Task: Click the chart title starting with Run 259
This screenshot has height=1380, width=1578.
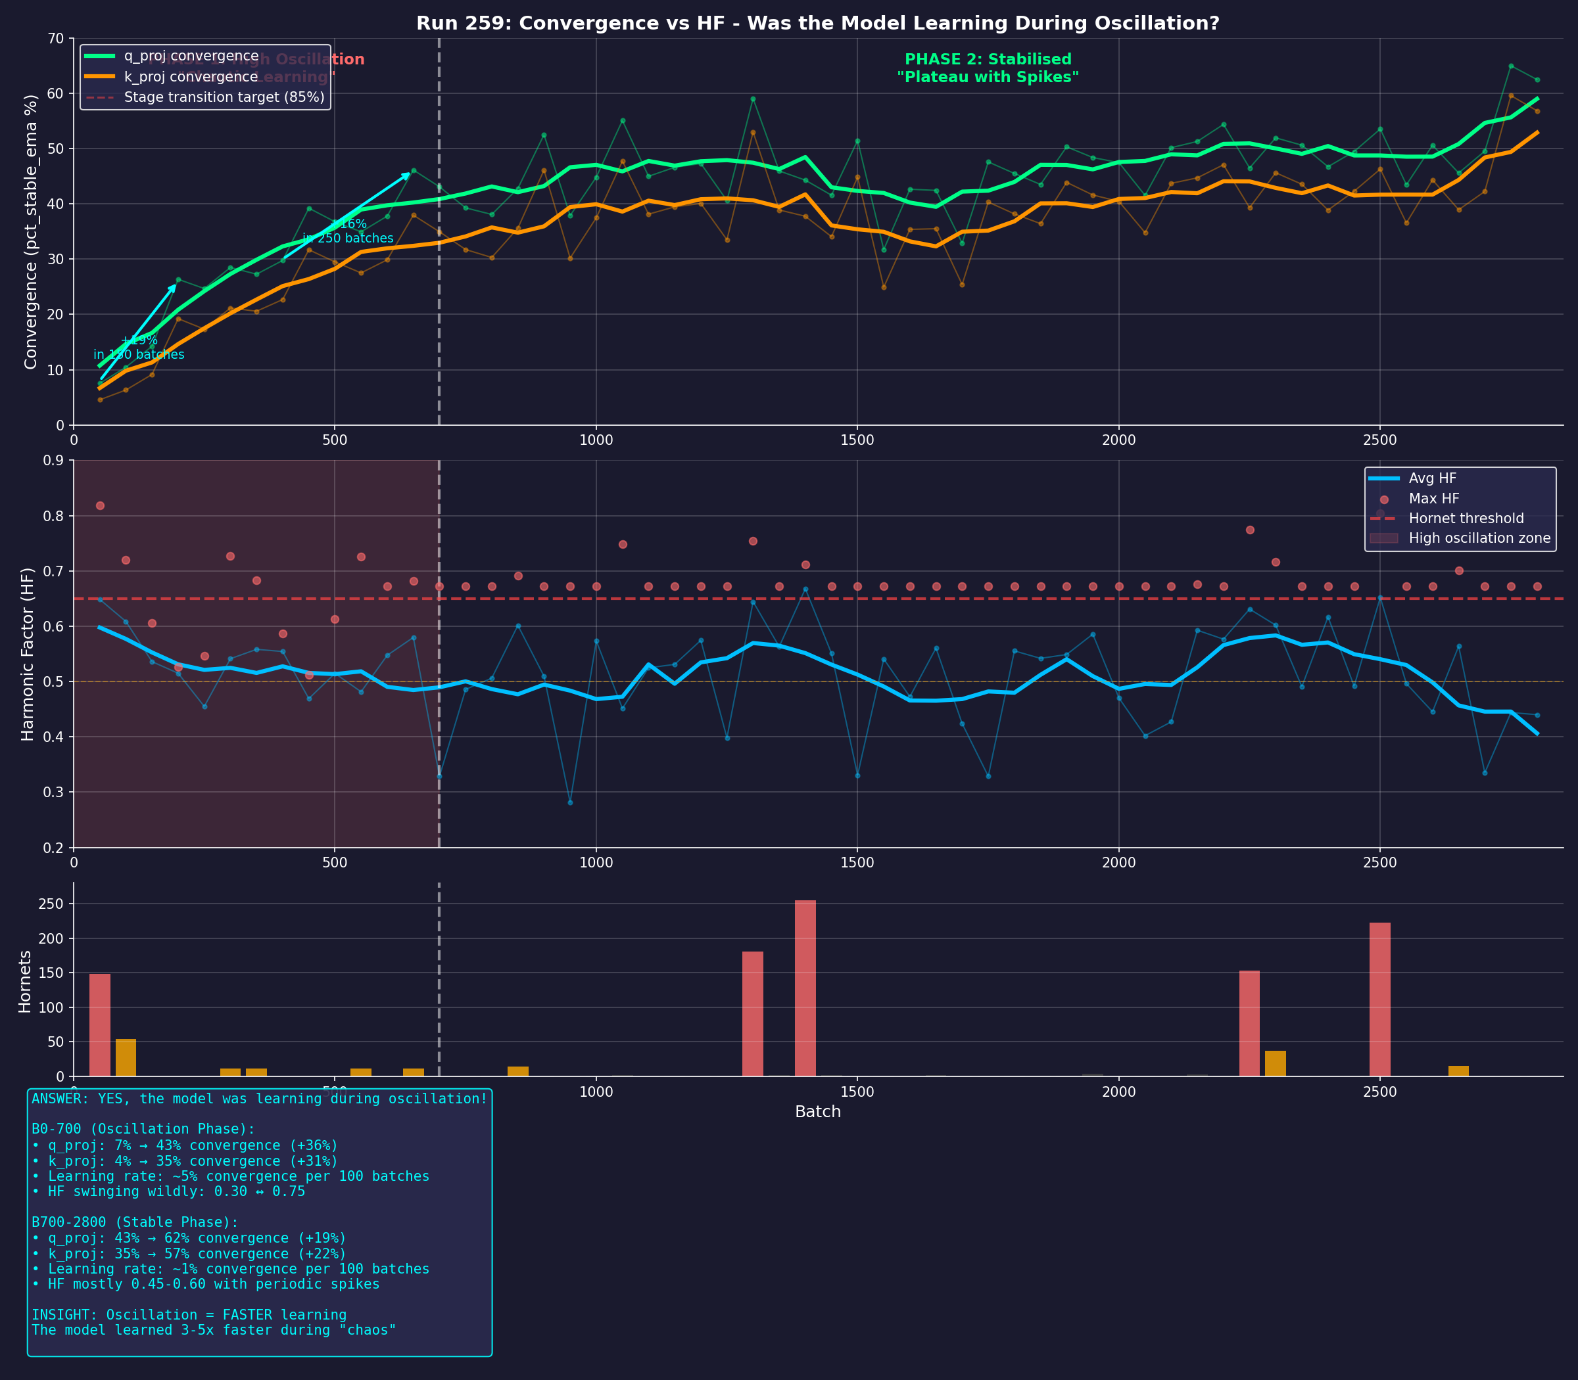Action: (x=817, y=23)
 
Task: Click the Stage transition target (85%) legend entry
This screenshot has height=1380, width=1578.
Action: (x=224, y=97)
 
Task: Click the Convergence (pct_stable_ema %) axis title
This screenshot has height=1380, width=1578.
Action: (x=30, y=231)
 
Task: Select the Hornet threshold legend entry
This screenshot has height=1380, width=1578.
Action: (x=1466, y=518)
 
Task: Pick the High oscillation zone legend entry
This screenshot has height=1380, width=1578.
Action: (x=1479, y=538)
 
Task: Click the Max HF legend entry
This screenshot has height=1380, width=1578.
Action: (x=1433, y=498)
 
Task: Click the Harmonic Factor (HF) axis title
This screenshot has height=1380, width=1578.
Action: (x=28, y=654)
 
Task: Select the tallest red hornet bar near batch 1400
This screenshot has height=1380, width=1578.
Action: (x=805, y=988)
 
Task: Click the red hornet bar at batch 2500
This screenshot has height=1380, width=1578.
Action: (x=1379, y=999)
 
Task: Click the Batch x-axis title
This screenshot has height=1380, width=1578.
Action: (x=817, y=1111)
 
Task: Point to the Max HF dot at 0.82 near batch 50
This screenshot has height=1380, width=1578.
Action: (x=100, y=505)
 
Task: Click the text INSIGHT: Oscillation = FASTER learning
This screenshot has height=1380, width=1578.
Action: (x=189, y=1314)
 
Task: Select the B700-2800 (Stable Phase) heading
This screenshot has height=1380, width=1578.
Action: (x=135, y=1222)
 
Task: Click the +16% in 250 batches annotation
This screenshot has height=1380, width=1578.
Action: (x=348, y=231)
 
